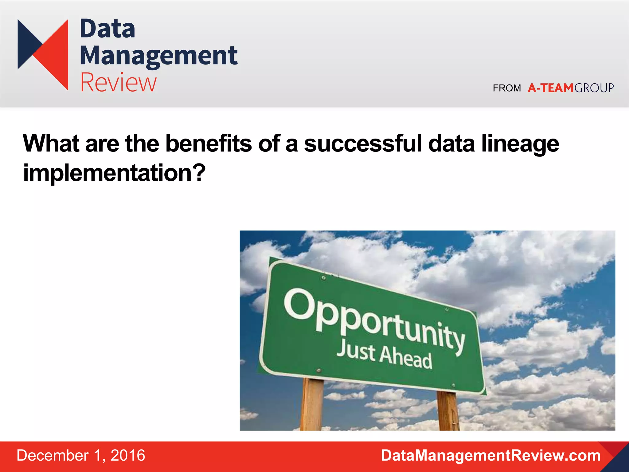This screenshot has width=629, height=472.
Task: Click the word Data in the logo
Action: [107, 29]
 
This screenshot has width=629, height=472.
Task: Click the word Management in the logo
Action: [158, 56]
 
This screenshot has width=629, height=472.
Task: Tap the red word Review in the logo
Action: [118, 82]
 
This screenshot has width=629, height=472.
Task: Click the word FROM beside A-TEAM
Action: [507, 88]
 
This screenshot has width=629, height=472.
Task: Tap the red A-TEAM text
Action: [551, 88]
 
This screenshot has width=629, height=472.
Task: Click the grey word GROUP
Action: [594, 88]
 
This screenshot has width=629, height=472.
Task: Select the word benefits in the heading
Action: [208, 144]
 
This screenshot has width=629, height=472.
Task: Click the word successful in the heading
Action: [363, 144]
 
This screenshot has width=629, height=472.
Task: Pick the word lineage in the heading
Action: [520, 144]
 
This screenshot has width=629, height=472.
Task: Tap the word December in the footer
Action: [53, 455]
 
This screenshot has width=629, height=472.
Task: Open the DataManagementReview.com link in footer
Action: [490, 455]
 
